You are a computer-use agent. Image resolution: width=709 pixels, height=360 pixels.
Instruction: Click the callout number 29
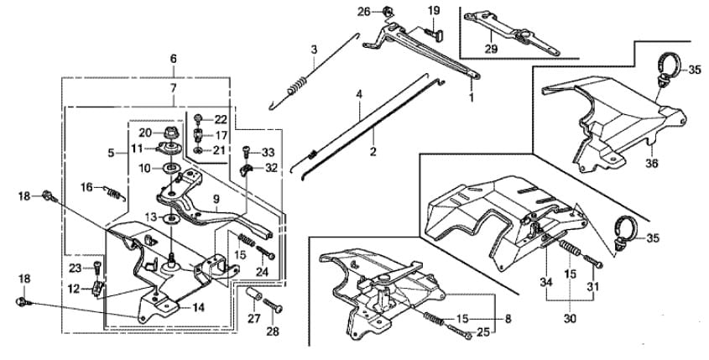point(491,49)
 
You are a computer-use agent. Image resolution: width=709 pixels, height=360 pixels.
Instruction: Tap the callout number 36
point(652,164)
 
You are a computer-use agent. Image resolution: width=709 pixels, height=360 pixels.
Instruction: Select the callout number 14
point(198,308)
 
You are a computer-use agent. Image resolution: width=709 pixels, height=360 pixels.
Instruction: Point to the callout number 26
point(364,12)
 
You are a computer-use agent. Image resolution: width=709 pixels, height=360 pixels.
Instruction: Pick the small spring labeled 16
point(114,194)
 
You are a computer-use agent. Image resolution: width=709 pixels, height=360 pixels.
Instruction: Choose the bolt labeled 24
point(265,253)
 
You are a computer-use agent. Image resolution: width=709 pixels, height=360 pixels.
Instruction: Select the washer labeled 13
point(171,219)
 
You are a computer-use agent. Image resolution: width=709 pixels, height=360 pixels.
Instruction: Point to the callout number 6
point(174,59)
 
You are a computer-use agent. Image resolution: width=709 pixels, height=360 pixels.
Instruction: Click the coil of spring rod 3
point(299,85)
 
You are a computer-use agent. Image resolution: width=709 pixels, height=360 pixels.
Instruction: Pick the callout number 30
point(570,318)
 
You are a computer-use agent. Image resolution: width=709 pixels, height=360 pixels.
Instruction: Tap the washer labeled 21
point(199,149)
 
